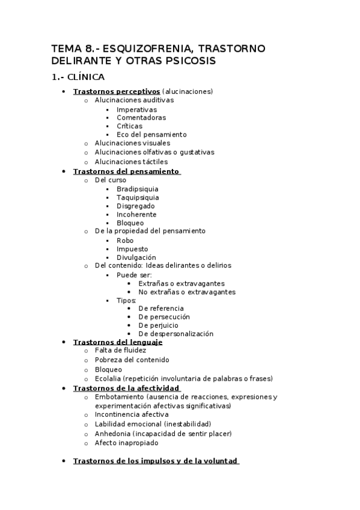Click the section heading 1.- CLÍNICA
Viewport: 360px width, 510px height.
coord(78,77)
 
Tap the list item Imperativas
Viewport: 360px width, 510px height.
coord(136,109)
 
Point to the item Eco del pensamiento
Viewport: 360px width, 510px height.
coord(151,135)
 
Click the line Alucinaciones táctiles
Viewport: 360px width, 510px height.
coord(131,162)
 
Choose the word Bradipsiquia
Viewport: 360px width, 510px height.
coord(138,189)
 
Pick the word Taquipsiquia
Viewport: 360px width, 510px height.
coord(138,197)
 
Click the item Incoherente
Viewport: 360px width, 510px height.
coord(136,214)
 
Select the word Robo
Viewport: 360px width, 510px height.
coord(125,241)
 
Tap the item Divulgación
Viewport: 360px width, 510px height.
coord(136,257)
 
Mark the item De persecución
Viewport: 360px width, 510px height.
coord(163,316)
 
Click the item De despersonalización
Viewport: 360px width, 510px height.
coord(175,334)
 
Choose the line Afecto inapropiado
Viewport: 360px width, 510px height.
coord(126,443)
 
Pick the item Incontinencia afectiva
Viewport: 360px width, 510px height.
coord(132,414)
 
